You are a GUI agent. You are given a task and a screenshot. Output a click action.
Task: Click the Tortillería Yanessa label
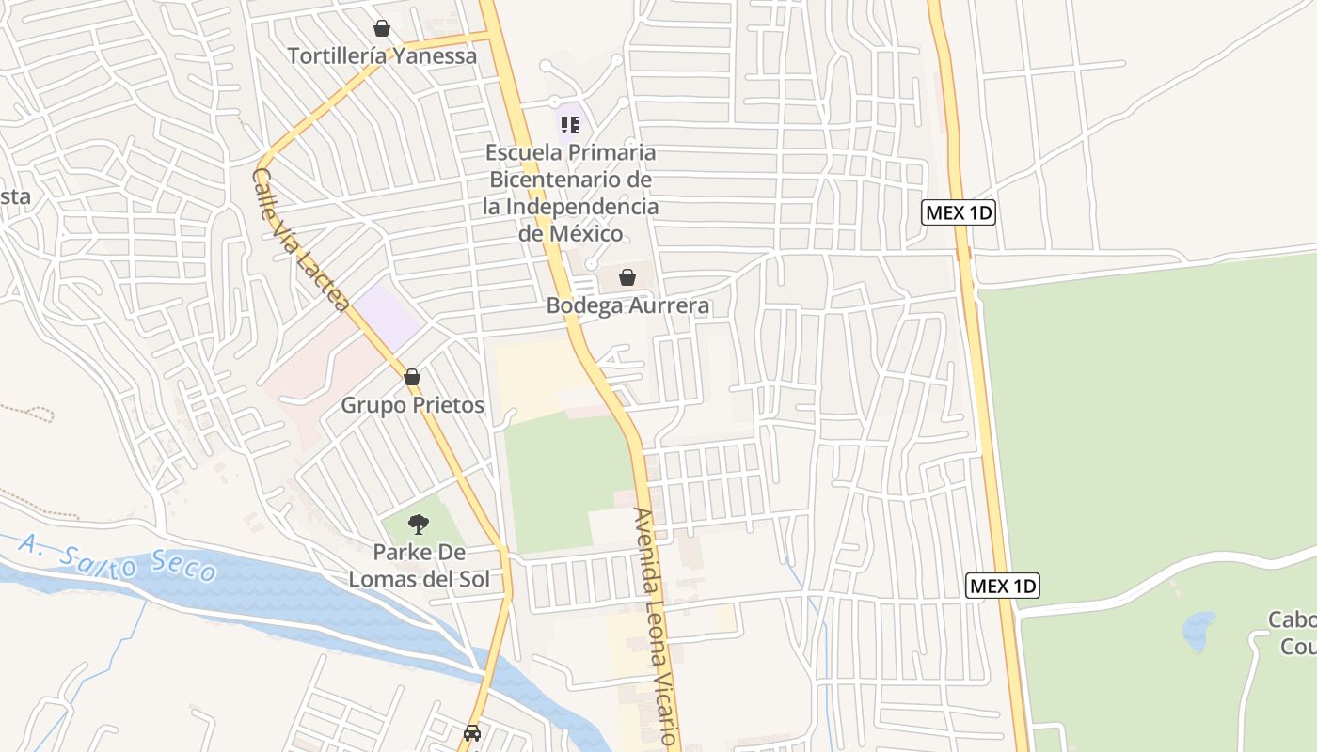click(382, 55)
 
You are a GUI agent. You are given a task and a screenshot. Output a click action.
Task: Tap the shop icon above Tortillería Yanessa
click(382, 28)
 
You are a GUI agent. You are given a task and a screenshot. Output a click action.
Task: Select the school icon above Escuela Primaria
click(569, 124)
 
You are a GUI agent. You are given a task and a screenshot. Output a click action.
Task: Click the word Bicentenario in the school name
click(568, 179)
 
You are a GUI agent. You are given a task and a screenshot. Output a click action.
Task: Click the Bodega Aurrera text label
click(627, 305)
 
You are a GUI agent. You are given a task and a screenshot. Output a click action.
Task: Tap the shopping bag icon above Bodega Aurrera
click(627, 277)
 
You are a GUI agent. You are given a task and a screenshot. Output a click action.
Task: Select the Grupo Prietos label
click(412, 405)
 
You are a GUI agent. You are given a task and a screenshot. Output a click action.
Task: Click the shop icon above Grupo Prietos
click(412, 377)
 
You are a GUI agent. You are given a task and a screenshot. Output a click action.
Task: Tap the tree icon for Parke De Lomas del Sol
click(419, 524)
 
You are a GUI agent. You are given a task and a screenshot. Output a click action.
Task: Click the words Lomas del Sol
click(419, 578)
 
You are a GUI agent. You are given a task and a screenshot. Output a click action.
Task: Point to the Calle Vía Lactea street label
click(301, 240)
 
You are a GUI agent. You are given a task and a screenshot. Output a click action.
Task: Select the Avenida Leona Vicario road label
click(656, 626)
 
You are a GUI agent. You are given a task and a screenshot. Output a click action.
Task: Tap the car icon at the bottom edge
click(472, 732)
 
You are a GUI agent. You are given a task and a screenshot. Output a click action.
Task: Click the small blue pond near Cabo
click(1198, 630)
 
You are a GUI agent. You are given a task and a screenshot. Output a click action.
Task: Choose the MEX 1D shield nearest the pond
click(1003, 587)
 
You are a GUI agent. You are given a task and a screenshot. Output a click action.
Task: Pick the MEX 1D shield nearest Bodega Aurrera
click(958, 212)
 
